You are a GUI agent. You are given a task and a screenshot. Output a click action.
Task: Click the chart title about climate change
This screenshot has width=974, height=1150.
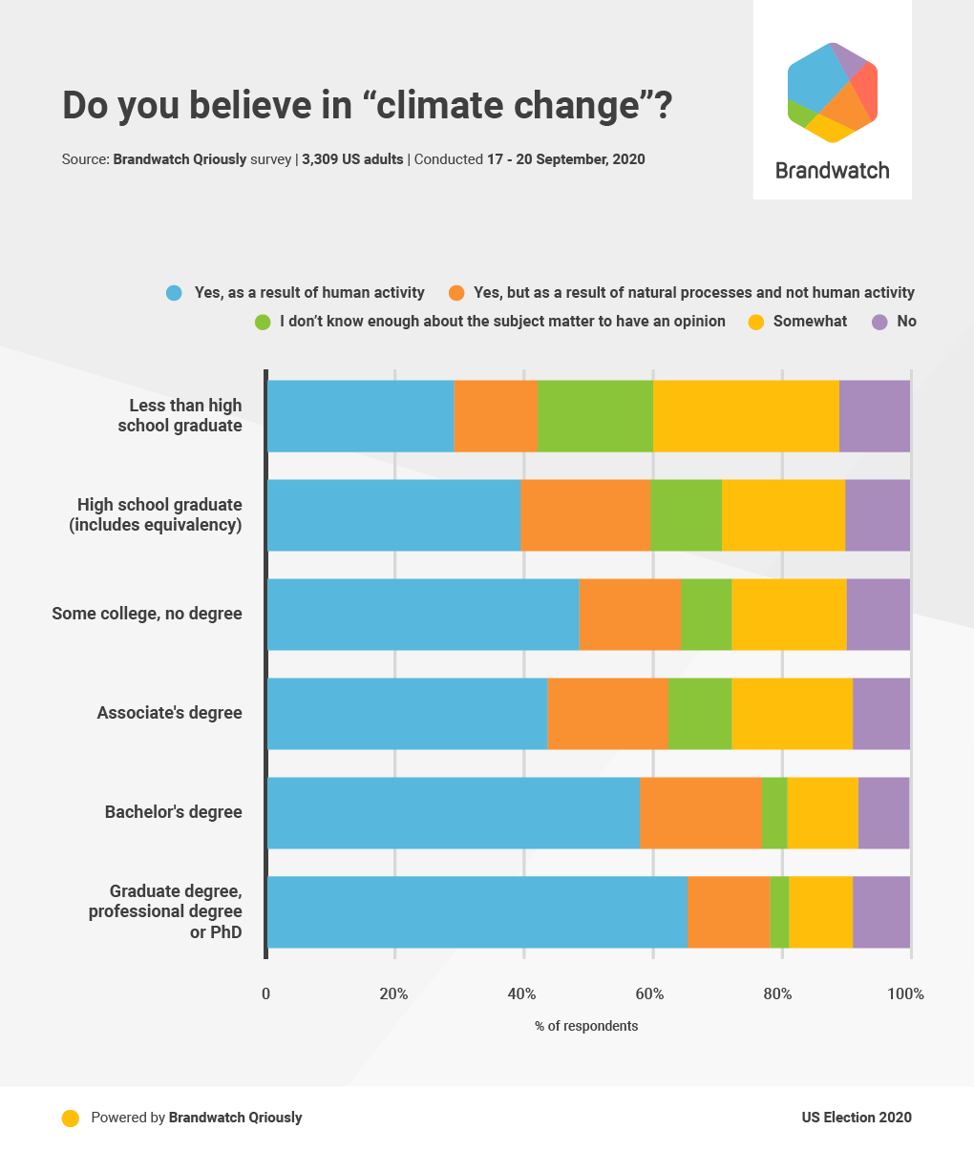tap(367, 106)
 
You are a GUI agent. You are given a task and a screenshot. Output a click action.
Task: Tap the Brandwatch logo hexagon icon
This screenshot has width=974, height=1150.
tap(833, 93)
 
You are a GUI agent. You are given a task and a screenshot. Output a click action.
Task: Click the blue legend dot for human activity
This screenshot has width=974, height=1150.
tap(174, 293)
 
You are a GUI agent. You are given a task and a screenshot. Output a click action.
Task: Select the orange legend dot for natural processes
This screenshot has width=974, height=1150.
tap(456, 293)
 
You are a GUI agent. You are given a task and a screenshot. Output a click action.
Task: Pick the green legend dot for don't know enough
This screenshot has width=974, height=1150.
tap(263, 322)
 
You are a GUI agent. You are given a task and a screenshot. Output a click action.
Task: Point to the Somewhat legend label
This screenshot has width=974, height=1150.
tap(810, 322)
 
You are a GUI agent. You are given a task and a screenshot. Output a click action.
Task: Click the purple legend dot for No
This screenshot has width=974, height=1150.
tap(880, 322)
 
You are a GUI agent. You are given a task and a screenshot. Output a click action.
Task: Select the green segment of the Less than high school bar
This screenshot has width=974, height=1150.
tap(595, 416)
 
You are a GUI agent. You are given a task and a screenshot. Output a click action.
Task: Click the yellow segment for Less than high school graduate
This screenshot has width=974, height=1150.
tap(746, 416)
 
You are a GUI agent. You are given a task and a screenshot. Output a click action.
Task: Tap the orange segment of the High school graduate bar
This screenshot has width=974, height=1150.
tap(585, 515)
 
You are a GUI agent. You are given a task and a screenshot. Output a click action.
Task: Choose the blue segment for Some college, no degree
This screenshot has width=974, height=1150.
tap(423, 615)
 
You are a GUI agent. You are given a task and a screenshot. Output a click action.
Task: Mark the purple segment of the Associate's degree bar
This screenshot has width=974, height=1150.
tap(881, 714)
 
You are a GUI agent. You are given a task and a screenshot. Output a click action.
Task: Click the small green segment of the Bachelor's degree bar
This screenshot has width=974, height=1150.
tap(774, 813)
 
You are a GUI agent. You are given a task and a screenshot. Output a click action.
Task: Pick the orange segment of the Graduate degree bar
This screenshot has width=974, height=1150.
tap(728, 912)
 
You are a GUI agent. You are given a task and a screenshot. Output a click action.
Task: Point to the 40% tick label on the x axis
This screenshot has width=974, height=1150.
tap(521, 994)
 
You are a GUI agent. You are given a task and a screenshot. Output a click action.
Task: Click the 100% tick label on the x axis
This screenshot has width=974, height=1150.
tap(905, 994)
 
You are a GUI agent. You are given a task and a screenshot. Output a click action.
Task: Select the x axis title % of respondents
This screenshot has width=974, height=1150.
tap(586, 1026)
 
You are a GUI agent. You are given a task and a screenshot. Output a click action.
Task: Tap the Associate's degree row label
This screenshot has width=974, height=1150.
tap(169, 714)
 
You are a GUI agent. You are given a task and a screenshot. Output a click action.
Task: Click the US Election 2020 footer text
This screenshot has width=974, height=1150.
tap(857, 1118)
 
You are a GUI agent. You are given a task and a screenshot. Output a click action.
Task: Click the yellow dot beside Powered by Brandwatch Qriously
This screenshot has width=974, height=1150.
tap(70, 1119)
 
